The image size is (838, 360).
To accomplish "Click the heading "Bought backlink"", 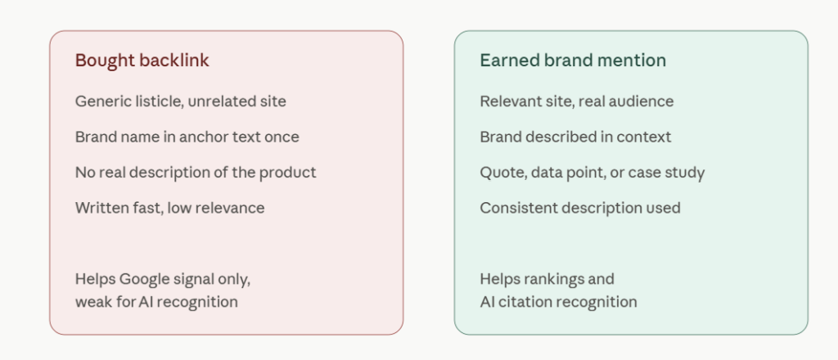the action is click(142, 61).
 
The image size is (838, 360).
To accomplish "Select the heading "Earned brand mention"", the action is click(573, 61).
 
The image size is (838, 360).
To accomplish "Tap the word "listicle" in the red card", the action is click(152, 101).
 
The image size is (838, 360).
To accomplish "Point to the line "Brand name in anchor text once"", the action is click(187, 137).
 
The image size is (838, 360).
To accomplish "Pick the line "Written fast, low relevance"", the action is click(170, 208).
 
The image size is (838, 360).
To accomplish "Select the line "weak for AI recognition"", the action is click(156, 302).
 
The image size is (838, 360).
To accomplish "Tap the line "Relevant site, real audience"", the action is click(577, 101).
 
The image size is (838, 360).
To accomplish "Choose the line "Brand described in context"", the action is click(575, 137).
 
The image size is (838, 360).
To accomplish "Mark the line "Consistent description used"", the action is click(580, 208).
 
